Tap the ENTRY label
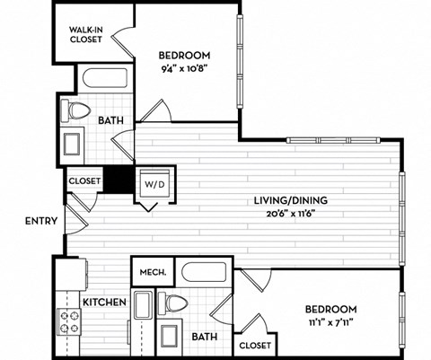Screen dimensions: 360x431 pos(42,221)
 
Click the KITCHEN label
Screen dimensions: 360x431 pos(104,303)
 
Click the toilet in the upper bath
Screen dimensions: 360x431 pos(77,111)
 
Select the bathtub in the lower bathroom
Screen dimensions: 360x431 pos(205,272)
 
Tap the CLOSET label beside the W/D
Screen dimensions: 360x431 pos(85,180)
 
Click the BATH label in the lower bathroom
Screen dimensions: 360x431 pos(205,337)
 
